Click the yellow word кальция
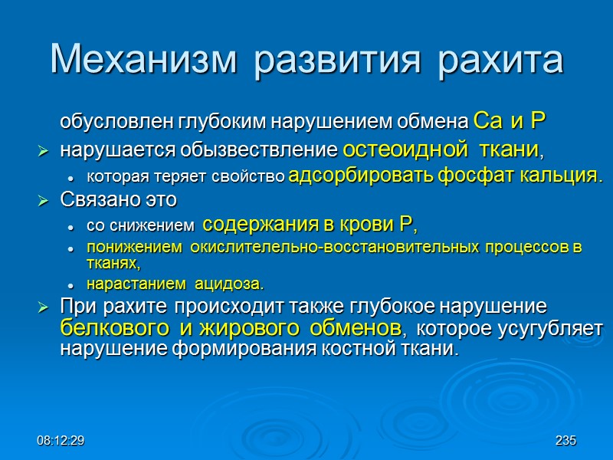[551, 176]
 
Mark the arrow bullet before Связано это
[44, 201]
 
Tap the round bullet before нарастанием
[70, 285]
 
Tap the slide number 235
[565, 441]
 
